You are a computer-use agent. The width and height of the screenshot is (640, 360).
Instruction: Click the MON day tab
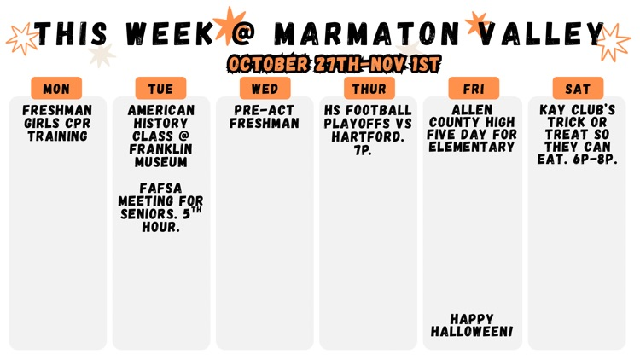(56, 89)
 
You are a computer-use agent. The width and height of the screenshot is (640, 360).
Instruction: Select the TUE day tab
(160, 89)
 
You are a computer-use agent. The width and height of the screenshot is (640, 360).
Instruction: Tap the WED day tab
(265, 89)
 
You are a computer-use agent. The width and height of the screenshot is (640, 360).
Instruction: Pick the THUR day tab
(369, 89)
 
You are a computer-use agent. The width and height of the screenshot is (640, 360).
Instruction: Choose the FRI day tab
(474, 89)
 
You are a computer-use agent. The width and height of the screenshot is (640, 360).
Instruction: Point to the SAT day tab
(578, 89)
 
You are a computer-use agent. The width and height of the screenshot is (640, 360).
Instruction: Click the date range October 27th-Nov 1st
(334, 64)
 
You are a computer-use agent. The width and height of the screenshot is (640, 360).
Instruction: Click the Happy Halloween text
(472, 325)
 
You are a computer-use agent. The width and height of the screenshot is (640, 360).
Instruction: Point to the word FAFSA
(160, 189)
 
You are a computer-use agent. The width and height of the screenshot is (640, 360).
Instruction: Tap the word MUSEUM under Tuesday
(160, 161)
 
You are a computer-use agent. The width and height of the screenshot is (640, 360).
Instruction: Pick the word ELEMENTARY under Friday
(472, 148)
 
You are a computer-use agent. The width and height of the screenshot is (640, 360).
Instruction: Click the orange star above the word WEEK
(229, 23)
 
